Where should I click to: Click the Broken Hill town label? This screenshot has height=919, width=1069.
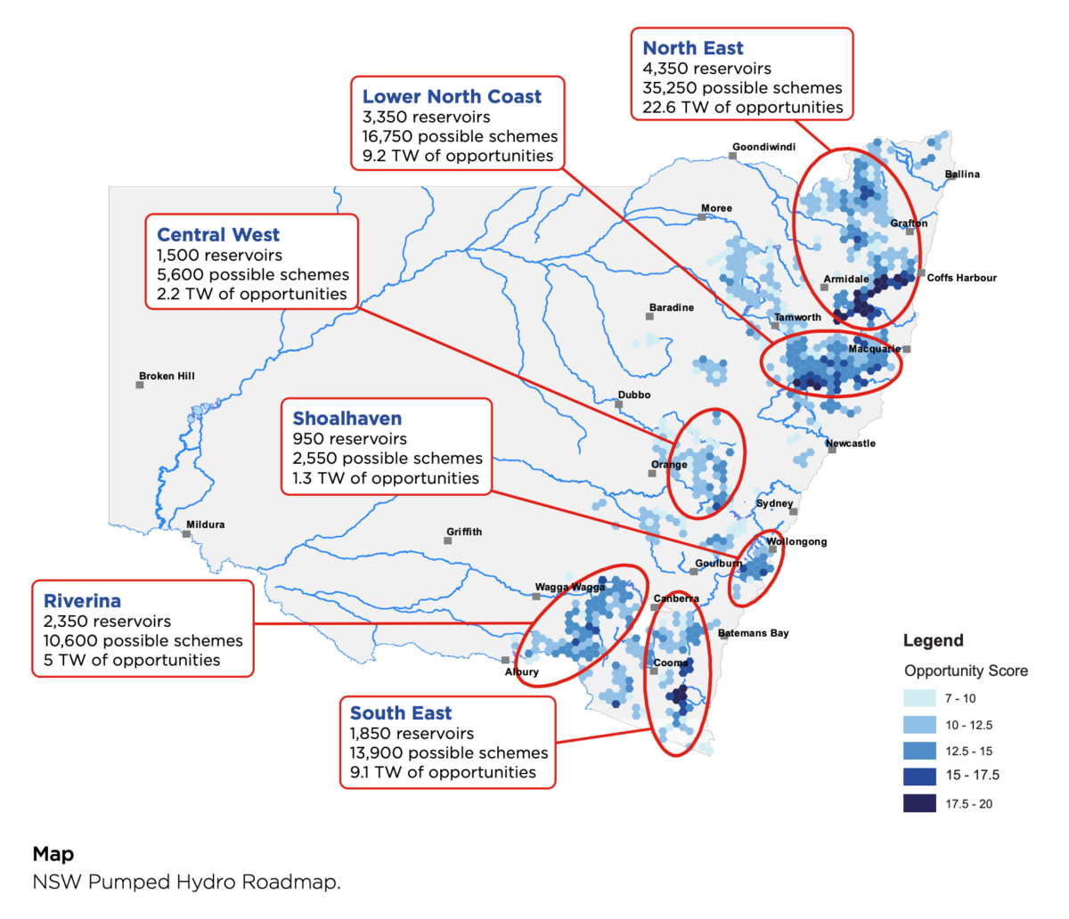click(167, 376)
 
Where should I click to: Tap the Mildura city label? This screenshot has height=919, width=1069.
click(205, 525)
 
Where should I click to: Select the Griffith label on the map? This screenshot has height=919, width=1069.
click(464, 532)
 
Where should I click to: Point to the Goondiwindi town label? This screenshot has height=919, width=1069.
click(763, 147)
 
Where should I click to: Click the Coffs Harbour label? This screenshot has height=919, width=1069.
click(961, 278)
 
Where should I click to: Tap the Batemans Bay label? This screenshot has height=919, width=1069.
click(754, 633)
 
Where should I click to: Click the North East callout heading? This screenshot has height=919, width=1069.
click(693, 48)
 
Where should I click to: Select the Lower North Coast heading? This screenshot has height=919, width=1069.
click(452, 96)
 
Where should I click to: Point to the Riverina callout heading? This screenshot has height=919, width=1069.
click(82, 601)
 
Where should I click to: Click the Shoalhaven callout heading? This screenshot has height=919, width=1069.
click(347, 419)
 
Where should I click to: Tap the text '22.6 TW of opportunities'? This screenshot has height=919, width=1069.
click(743, 107)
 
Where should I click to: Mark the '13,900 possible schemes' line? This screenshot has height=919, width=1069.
click(449, 752)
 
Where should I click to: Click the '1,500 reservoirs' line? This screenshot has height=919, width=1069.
click(219, 255)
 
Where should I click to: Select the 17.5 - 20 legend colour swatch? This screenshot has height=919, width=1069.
click(919, 803)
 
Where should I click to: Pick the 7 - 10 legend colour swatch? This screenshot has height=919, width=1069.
click(919, 698)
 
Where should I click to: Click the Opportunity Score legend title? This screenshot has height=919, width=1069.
click(966, 671)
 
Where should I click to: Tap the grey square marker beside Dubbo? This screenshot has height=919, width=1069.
click(619, 404)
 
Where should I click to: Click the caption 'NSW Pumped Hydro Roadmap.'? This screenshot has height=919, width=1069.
click(186, 882)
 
